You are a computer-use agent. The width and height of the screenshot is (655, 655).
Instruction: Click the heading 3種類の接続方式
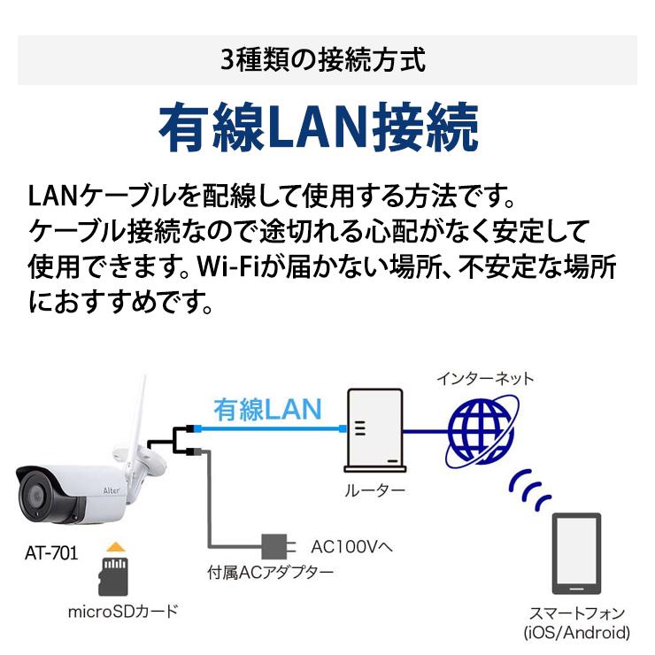(x=323, y=60)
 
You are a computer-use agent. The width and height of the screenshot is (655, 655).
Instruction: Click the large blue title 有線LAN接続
(x=319, y=127)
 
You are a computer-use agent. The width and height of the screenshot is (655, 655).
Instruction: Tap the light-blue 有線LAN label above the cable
(x=267, y=409)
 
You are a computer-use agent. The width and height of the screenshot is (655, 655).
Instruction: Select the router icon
(x=374, y=430)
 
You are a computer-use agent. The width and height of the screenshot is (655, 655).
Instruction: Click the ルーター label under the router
(x=374, y=490)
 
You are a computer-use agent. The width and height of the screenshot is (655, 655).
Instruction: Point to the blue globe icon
(x=482, y=431)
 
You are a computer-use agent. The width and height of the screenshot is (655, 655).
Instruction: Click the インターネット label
(x=485, y=379)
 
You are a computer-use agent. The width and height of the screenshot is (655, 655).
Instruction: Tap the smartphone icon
(x=576, y=553)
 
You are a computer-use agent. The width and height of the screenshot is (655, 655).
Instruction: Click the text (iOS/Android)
(x=577, y=633)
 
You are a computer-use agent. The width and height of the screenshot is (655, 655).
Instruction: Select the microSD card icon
(x=112, y=577)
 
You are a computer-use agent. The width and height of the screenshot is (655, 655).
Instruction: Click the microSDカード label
(x=123, y=612)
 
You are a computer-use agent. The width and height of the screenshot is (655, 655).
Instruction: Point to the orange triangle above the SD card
(x=116, y=547)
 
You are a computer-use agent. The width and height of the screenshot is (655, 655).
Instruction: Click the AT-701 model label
(x=51, y=553)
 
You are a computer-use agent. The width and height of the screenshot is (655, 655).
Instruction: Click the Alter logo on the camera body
(x=112, y=490)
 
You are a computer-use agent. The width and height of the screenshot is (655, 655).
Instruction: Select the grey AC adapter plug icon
(x=278, y=546)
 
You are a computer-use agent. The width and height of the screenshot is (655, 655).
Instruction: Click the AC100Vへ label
(x=351, y=546)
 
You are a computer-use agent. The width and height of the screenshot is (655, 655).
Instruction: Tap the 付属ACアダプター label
(x=271, y=573)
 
